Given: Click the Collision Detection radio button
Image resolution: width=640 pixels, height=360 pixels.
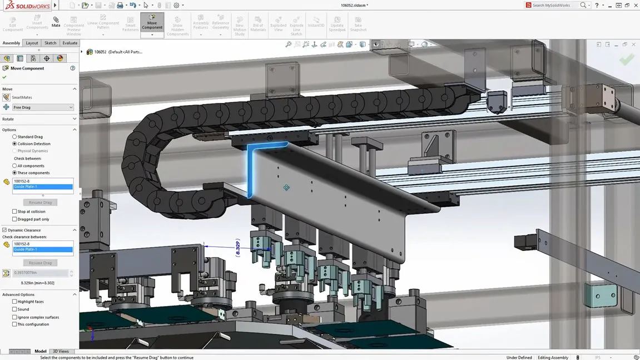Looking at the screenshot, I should point(14,144).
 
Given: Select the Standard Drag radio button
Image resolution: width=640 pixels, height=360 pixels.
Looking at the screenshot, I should point(14,136).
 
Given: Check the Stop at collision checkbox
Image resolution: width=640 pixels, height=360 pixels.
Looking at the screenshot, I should point(14,211).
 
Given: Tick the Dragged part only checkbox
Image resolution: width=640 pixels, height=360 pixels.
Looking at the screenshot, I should point(14,219).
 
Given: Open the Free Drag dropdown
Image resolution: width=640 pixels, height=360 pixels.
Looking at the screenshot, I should point(43,107).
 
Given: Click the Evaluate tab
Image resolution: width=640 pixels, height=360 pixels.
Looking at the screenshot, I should point(70,43).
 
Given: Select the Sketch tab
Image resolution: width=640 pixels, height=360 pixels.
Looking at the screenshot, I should point(50,43).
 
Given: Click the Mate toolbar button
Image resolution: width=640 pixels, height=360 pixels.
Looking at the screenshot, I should point(56,22).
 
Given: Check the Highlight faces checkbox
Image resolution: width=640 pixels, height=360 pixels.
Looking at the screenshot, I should point(14,302).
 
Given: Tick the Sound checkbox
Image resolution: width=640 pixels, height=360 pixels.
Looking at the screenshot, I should point(14,309).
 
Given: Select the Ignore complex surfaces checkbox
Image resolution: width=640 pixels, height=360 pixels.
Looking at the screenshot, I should point(14,317).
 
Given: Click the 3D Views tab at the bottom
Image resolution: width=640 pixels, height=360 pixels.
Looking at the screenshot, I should point(61,352).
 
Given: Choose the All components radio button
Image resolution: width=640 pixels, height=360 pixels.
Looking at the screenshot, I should point(14,166).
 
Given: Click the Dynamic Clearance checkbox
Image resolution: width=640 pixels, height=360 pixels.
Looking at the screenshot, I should point(4,230).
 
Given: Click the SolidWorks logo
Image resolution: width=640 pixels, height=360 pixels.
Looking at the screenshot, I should point(26,6).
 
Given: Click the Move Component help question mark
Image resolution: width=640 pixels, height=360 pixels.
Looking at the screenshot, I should point(72,68).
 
